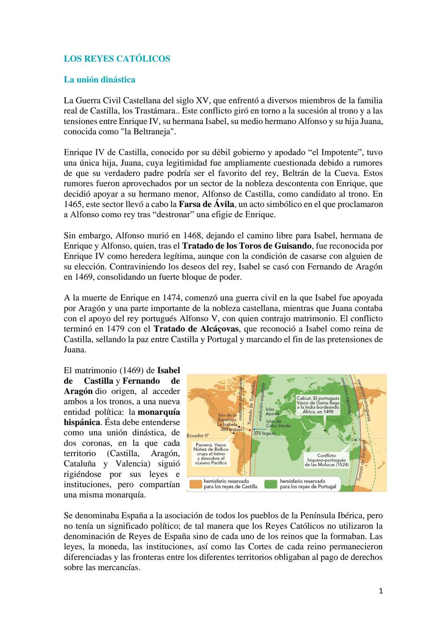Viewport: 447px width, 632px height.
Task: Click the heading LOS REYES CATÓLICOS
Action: coord(117,59)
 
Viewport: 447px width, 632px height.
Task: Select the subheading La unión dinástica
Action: coord(99,79)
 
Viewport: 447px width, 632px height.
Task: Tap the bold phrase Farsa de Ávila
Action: coord(206,204)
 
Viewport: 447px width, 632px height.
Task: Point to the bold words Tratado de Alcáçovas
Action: coord(196,329)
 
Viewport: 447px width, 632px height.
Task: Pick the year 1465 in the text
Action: coord(73,204)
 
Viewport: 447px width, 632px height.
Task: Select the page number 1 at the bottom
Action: coord(381,591)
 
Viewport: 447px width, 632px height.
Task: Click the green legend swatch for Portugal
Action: coord(272,484)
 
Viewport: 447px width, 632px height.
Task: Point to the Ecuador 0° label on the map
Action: coord(198,435)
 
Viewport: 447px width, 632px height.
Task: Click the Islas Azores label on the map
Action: coord(272,411)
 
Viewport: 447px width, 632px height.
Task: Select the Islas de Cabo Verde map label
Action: coord(278,423)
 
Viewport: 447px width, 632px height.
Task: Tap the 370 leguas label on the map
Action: coord(264,433)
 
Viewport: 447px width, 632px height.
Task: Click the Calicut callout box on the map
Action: coord(318,405)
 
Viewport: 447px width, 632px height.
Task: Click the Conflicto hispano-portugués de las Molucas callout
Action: coord(327,460)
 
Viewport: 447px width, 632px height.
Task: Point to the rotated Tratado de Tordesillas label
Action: coord(251,403)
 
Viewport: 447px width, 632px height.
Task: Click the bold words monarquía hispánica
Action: coord(122,417)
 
